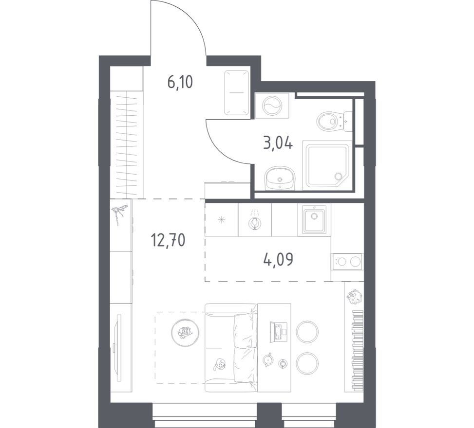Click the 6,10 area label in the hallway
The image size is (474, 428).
[180, 82]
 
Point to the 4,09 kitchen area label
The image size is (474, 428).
[278, 259]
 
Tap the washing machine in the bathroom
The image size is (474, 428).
[272, 106]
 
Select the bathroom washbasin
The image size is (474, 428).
[280, 178]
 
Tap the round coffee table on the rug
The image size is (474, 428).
[185, 333]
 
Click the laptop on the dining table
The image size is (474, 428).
[278, 332]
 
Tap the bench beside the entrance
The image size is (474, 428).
[237, 93]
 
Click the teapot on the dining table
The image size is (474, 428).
[267, 359]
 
